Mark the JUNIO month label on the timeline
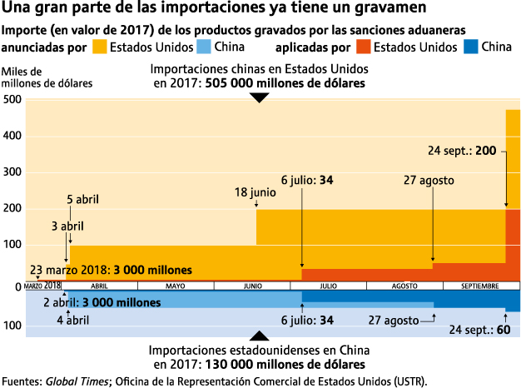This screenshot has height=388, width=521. click(252, 286)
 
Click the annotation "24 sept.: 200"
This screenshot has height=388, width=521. click(462, 151)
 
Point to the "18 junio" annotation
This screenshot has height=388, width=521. click(255, 192)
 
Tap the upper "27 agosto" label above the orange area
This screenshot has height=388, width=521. click(429, 180)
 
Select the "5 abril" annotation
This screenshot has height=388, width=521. click(82, 200)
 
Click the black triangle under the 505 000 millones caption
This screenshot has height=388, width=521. click(260, 97)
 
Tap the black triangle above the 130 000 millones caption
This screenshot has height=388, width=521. click(260, 336)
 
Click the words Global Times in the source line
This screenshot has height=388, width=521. click(77, 381)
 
